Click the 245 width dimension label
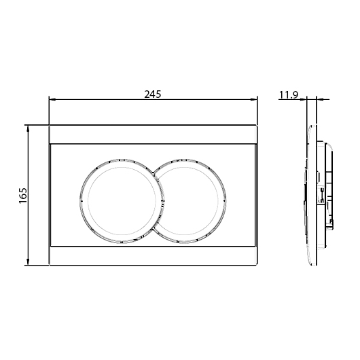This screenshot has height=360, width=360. pos(153,94)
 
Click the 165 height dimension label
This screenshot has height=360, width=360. pos(23,196)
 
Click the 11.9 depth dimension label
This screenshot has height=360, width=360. pos(289,95)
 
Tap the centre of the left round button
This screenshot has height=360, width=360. pos(122,201)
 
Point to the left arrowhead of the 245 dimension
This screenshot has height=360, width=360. pos(52,100)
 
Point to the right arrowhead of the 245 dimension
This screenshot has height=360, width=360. pos(253,100)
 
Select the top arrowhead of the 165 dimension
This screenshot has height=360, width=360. pos(28,129)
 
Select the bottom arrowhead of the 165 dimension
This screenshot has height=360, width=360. pos(28,262)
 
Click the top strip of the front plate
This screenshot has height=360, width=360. pos(153,134)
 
